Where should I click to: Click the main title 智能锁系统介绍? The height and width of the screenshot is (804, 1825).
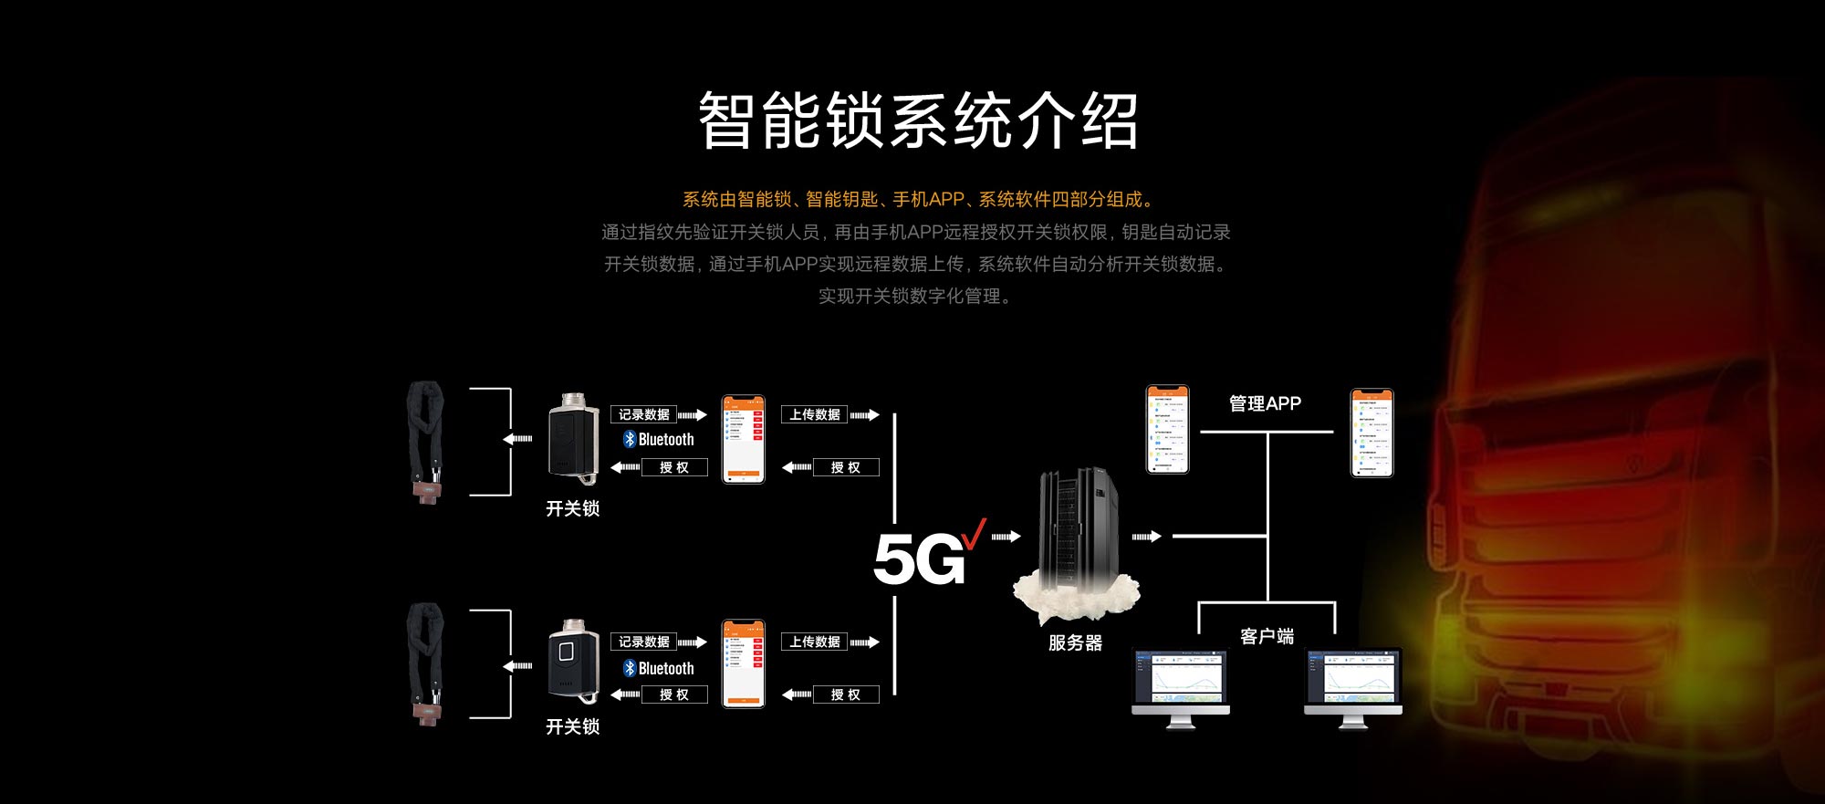[x=918, y=120]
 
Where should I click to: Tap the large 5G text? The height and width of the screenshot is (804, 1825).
[x=918, y=559]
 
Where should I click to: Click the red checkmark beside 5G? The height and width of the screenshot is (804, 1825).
[x=974, y=534]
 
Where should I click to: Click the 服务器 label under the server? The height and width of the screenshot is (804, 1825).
[x=1075, y=643]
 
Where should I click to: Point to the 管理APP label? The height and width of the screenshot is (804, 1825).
[x=1265, y=403]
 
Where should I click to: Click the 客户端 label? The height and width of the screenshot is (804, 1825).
[x=1267, y=636]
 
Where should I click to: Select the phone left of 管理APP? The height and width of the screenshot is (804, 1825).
[x=1167, y=429]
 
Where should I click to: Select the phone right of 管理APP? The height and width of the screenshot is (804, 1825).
[x=1371, y=433]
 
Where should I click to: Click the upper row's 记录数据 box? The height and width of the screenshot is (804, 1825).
[x=643, y=415]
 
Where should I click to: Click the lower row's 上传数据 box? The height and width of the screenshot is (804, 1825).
[x=814, y=642]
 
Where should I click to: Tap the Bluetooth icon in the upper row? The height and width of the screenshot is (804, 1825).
[x=630, y=440]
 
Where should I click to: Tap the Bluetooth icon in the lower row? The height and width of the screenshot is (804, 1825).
[x=630, y=668]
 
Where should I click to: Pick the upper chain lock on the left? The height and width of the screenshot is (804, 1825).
[x=425, y=441]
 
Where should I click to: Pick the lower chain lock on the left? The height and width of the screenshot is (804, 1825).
[x=425, y=663]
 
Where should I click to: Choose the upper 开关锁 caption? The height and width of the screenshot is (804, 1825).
[x=572, y=508]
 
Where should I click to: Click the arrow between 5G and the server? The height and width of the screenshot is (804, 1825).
[x=1006, y=537]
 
